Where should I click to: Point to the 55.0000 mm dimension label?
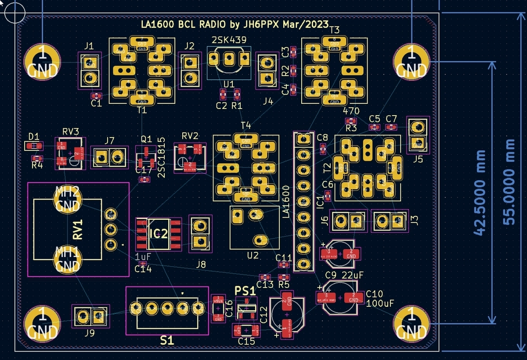[x=509, y=182]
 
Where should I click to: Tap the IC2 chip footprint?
[x=159, y=234]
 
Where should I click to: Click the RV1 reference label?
[x=78, y=230]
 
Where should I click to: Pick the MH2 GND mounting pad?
[x=67, y=199]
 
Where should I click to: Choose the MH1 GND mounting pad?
[x=67, y=260]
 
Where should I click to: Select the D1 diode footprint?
[x=34, y=145]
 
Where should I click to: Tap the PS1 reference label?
[x=245, y=291]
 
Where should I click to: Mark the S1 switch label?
[x=167, y=341]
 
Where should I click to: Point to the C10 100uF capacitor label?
[x=379, y=298]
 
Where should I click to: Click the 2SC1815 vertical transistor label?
[x=161, y=157]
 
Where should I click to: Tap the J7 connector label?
[x=109, y=140]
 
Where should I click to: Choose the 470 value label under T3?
[x=351, y=111]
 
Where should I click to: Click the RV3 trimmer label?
[x=70, y=131]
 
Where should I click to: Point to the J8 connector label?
[x=201, y=264]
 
